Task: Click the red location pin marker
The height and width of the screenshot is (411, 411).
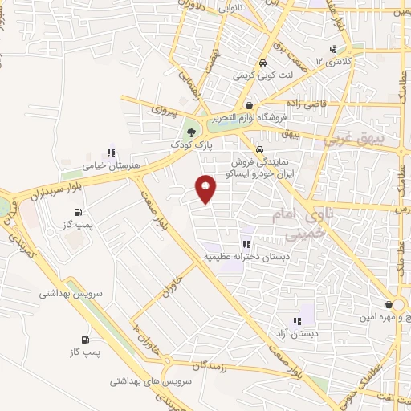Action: click(206, 188)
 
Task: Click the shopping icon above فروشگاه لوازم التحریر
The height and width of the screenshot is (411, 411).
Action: click(249, 105)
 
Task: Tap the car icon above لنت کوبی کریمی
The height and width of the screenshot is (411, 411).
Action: click(262, 63)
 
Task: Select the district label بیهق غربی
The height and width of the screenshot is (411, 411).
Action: click(354, 139)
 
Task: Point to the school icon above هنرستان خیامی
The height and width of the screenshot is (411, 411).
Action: click(110, 153)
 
